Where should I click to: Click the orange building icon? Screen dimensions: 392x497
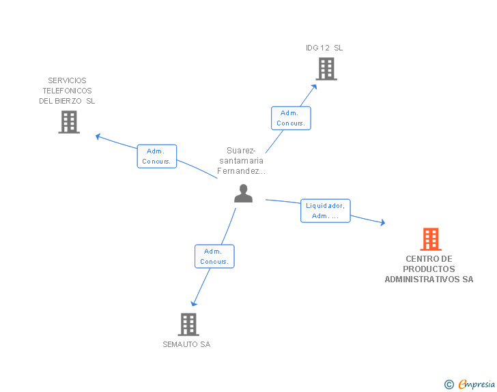pyautogui.click(x=430, y=239)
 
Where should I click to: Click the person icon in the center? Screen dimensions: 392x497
pyautogui.click(x=243, y=194)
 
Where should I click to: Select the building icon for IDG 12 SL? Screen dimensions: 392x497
pyautogui.click(x=326, y=68)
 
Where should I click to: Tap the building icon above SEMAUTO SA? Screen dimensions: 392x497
pyautogui.click(x=188, y=324)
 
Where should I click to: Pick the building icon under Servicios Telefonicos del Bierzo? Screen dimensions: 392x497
pyautogui.click(x=69, y=121)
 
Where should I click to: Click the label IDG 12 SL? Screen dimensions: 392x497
pyautogui.click(x=324, y=48)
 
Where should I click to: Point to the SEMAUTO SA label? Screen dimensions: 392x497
pyautogui.click(x=186, y=344)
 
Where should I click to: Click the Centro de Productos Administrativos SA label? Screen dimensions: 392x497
pyautogui.click(x=429, y=269)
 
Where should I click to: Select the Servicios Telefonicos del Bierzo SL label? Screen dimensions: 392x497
pyautogui.click(x=67, y=91)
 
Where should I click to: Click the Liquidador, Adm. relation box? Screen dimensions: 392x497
pyautogui.click(x=326, y=211)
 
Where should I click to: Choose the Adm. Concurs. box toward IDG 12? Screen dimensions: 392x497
pyautogui.click(x=291, y=118)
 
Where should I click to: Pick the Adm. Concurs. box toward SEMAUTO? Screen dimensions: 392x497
pyautogui.click(x=214, y=256)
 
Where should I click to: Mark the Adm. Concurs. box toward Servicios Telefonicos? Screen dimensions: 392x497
pyautogui.click(x=157, y=156)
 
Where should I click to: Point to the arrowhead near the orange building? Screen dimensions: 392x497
pyautogui.click(x=382, y=223)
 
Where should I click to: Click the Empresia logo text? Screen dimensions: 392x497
pyautogui.click(x=476, y=384)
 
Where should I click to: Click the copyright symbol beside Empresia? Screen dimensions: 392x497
pyautogui.click(x=449, y=385)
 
